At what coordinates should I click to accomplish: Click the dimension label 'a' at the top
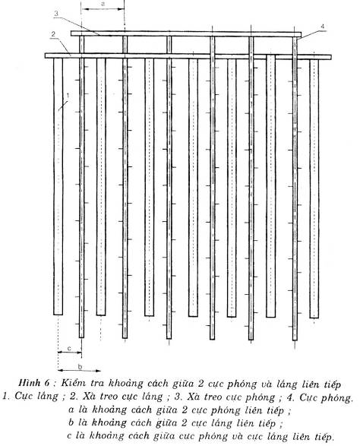[103, 4]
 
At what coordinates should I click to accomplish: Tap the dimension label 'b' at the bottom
[80, 366]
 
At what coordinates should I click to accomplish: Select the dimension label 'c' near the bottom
[69, 348]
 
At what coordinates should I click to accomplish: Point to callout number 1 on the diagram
[68, 96]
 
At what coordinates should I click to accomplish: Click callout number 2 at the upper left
[53, 34]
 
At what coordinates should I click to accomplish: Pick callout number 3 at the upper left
[56, 14]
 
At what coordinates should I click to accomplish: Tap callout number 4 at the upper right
[322, 26]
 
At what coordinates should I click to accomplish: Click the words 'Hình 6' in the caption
[34, 382]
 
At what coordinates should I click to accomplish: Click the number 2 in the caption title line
[201, 383]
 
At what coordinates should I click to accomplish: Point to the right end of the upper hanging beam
[301, 34]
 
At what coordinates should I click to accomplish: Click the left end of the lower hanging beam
[46, 55]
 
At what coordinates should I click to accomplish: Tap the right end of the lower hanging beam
[330, 57]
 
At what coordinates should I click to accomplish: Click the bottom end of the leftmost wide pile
[58, 315]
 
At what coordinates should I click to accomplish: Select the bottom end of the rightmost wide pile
[314, 318]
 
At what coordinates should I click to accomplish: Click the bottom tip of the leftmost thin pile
[81, 337]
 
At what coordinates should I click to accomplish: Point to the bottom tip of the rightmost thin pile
[295, 340]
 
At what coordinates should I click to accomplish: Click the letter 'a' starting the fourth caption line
[71, 410]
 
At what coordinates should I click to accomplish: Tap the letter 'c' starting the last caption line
[70, 435]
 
